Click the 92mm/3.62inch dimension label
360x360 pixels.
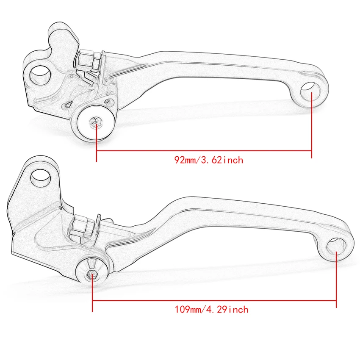(x=209, y=160)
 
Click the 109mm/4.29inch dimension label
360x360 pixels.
(x=211, y=310)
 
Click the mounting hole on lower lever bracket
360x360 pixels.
(x=41, y=176)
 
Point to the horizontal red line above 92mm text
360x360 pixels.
(x=203, y=151)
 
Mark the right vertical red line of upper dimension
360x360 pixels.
(x=312, y=127)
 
